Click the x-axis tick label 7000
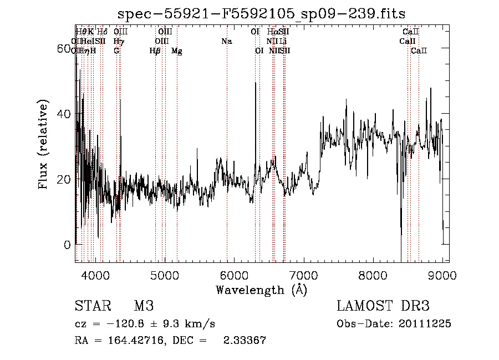[x=303, y=275]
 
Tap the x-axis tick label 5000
[x=164, y=275]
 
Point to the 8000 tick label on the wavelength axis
[x=373, y=275]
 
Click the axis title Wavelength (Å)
[x=261, y=290]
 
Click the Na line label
[x=226, y=42]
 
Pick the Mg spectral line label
[x=177, y=51]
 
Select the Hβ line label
[x=155, y=51]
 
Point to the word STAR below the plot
[x=93, y=306]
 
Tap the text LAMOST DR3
[x=383, y=306]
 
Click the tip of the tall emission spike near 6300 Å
[x=255, y=83]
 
